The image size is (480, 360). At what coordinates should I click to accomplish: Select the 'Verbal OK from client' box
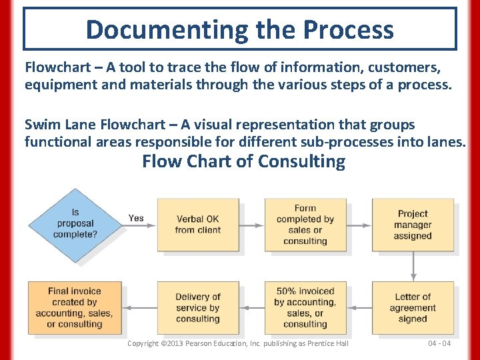click(197, 225)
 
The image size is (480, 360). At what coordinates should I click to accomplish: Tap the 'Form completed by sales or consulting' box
click(305, 225)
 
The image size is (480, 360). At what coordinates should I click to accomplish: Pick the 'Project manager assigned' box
click(413, 225)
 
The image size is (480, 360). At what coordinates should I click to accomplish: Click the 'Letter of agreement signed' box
click(413, 307)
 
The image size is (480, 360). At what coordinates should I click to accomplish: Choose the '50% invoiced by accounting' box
click(305, 307)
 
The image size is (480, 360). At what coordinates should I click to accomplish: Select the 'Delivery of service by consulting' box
click(197, 307)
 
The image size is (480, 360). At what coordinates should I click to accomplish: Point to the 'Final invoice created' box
click(75, 307)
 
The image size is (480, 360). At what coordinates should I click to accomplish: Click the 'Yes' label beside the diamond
click(136, 218)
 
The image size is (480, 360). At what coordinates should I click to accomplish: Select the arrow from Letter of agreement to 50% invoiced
click(359, 308)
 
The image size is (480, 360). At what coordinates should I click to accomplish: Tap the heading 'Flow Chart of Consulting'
click(244, 161)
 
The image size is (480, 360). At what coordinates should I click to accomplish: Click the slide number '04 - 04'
click(439, 343)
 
